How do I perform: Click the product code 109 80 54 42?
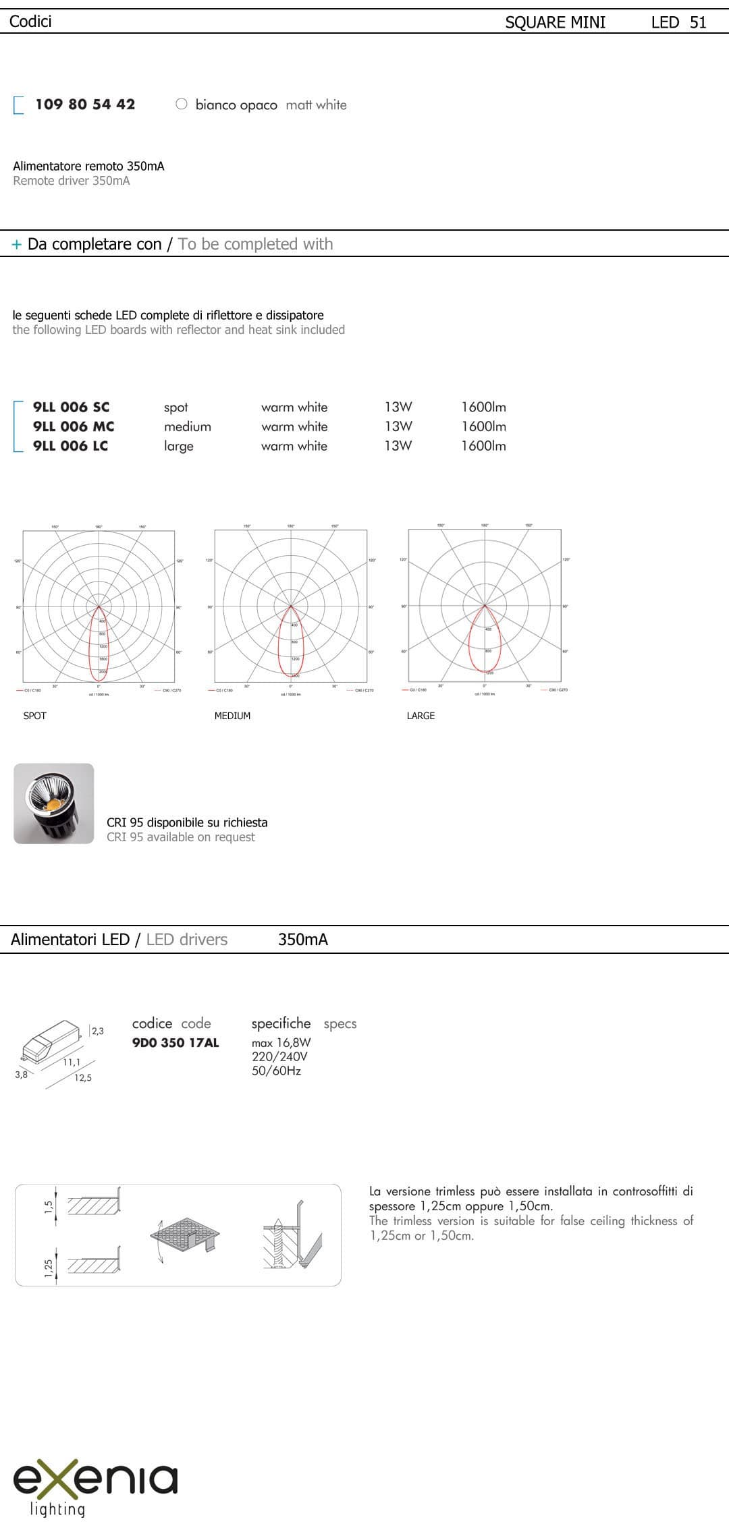(85, 105)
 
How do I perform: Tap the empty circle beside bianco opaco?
(181, 104)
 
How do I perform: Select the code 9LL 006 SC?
(71, 407)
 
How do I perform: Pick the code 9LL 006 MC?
(74, 426)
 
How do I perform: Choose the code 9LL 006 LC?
(70, 446)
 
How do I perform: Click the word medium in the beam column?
(187, 426)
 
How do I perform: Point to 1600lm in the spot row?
(483, 407)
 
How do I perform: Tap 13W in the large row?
(398, 446)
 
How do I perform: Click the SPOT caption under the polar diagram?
(34, 716)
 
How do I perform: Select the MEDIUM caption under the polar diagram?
(232, 716)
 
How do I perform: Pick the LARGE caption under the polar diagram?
(421, 716)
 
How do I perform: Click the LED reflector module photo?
(54, 803)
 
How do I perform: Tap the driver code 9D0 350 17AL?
(175, 1042)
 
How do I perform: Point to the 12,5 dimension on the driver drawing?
(83, 1078)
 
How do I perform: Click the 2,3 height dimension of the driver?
(98, 1031)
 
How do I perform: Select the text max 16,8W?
(281, 1042)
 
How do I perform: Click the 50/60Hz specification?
(276, 1071)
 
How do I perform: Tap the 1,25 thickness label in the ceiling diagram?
(49, 1268)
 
